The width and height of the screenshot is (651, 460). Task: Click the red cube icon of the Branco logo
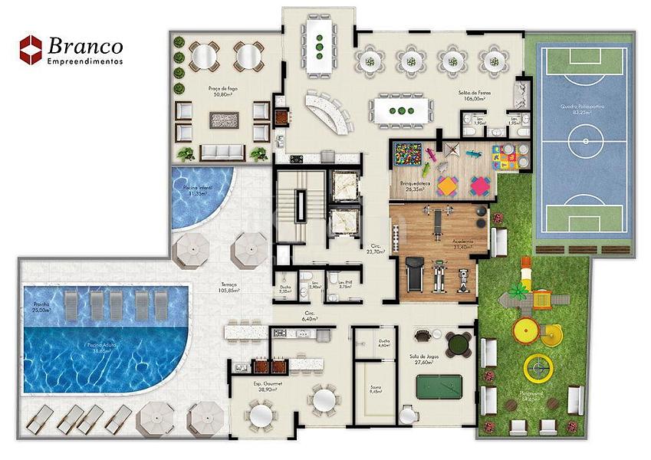(x=30, y=48)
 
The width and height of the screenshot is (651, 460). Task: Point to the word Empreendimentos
(x=84, y=62)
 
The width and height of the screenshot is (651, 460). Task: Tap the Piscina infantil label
(x=197, y=191)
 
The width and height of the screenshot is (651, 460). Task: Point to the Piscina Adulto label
(x=103, y=345)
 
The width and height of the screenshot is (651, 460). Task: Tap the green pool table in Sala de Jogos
(x=442, y=384)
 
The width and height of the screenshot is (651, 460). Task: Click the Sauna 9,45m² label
(x=374, y=389)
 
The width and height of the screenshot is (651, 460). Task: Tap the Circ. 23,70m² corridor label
(x=375, y=248)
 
